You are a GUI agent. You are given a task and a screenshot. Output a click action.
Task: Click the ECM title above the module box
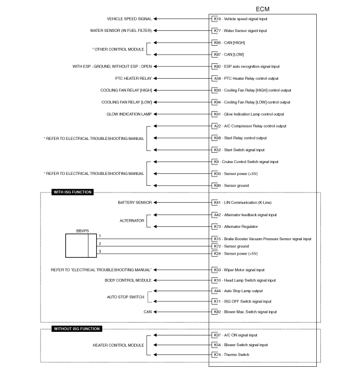tap(262, 9)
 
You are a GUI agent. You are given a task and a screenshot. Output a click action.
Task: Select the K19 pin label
tap(217, 19)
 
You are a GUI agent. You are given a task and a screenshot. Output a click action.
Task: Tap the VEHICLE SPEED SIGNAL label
tap(129, 19)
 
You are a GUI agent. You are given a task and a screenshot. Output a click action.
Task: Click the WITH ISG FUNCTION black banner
tap(73, 192)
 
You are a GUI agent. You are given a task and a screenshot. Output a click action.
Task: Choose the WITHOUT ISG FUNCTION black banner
tap(77, 329)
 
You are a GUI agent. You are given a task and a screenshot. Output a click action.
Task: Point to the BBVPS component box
tap(81, 246)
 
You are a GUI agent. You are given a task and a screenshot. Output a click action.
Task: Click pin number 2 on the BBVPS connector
tap(100, 243)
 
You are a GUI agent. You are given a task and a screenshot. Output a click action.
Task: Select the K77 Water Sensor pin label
tap(240, 31)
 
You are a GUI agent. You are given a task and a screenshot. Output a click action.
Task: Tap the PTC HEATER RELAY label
tap(134, 79)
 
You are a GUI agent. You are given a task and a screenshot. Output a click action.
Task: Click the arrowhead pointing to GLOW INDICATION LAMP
tap(155, 114)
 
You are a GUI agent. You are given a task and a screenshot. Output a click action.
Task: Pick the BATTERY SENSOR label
tap(135, 203)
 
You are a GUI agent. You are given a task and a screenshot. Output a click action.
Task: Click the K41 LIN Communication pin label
tap(243, 203)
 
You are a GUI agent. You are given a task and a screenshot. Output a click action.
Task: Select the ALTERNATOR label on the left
tap(132, 221)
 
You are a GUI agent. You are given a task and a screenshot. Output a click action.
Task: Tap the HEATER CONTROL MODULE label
tap(118, 345)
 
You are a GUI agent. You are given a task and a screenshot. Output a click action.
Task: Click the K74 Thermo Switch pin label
tap(231, 354)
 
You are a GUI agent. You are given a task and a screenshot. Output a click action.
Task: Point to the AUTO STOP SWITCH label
tap(125, 297)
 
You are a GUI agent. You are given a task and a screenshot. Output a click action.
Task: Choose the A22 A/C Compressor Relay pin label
tap(250, 126)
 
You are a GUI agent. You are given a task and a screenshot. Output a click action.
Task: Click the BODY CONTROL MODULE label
tap(128, 280)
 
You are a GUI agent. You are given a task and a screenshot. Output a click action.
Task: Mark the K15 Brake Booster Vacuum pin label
tap(263, 239)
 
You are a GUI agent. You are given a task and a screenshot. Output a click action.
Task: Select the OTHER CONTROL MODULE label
tap(118, 49)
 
